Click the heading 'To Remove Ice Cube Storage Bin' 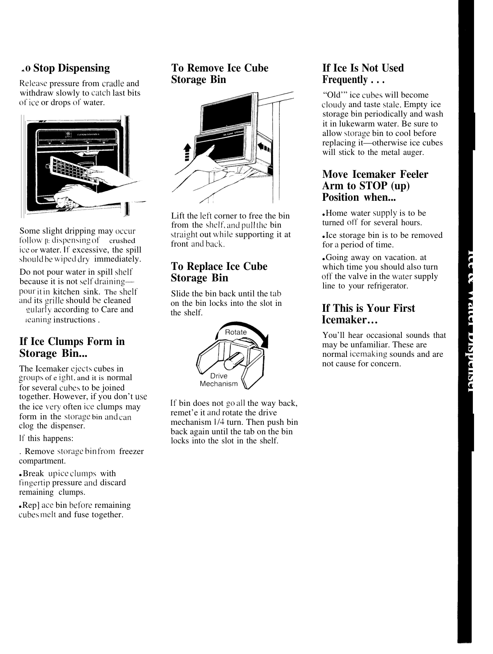219,74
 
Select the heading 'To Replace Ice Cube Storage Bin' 219,272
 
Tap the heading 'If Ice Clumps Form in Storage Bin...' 72,347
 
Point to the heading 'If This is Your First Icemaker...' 369,314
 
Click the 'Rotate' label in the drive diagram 235,332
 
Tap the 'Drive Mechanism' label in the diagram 219,380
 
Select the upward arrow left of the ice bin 188,152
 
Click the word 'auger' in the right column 413,153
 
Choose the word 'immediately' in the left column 117,260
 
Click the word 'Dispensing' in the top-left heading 84,68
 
